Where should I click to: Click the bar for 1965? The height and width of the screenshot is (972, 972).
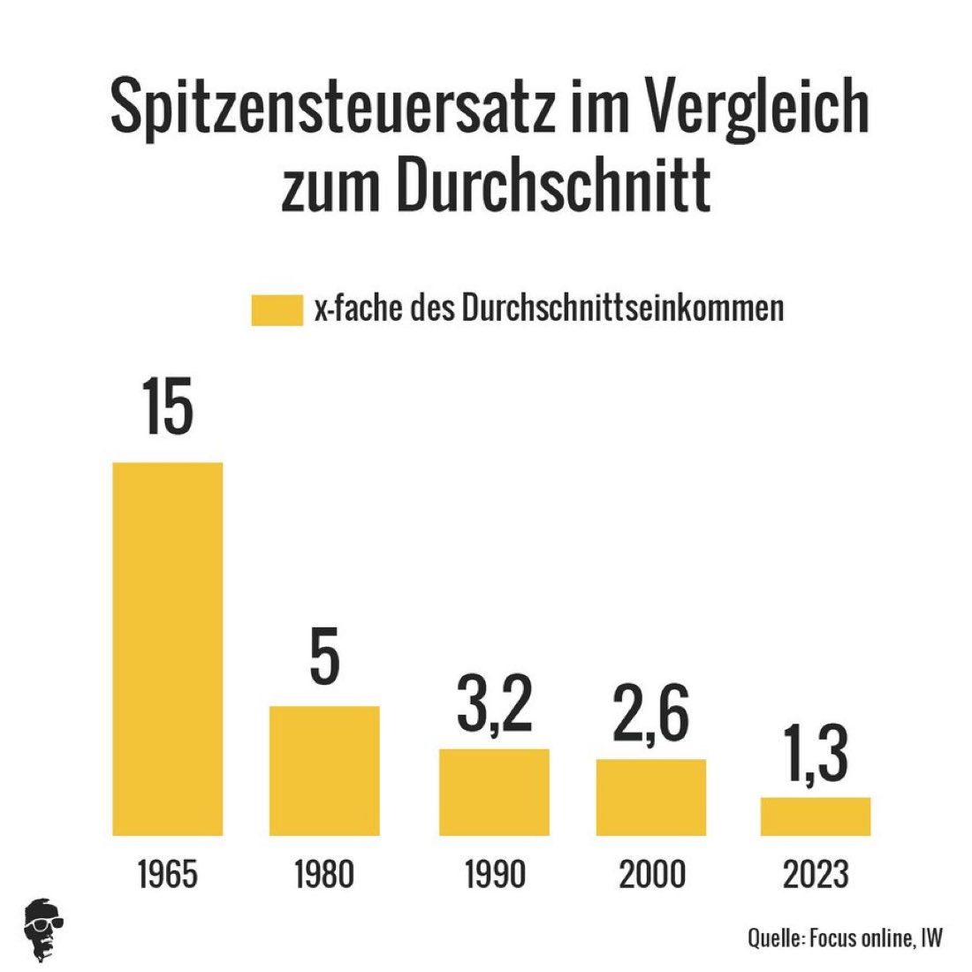[168, 649]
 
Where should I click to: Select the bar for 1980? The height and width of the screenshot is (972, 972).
[324, 771]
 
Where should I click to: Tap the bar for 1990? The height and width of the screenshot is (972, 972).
[495, 792]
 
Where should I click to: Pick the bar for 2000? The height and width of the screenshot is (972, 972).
[651, 797]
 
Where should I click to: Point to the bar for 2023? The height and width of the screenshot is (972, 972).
[816, 816]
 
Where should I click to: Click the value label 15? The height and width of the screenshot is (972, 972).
[167, 409]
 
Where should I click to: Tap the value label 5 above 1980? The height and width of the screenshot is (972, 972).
[325, 657]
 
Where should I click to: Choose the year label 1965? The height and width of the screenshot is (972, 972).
[168, 874]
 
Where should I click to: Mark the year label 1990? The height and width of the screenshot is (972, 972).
[495, 874]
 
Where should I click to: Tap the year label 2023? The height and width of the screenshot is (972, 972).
[816, 874]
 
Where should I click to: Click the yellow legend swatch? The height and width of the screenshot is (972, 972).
[277, 310]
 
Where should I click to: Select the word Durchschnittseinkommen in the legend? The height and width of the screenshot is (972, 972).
[623, 308]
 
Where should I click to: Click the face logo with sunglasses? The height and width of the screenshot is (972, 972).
[43, 930]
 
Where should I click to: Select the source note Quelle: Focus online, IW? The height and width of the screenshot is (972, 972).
[845, 938]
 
